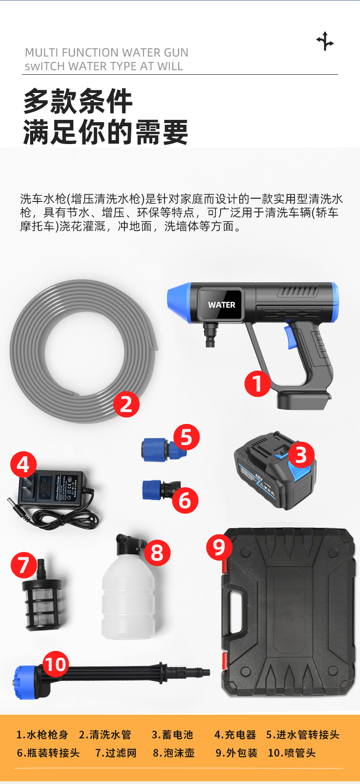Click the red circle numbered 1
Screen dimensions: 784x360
coord(257,383)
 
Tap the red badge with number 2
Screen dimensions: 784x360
coord(126,404)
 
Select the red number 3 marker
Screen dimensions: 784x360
coord(301,455)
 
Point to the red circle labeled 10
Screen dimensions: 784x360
coord(56,665)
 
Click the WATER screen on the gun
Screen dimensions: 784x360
coord(221,305)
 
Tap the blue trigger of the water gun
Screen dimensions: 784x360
coord(290,336)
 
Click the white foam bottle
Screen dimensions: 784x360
coord(128,597)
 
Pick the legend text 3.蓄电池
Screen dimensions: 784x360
coord(172,735)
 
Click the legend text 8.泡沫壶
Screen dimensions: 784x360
coord(174,753)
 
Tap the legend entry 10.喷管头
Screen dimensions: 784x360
coord(292,753)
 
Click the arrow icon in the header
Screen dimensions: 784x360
coord(325,41)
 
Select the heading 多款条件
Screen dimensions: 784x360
coord(78,101)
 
